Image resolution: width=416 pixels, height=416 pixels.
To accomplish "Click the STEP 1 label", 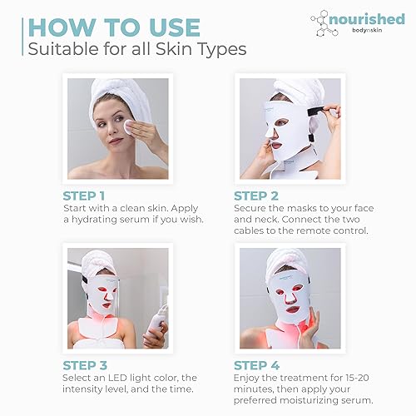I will [93, 196].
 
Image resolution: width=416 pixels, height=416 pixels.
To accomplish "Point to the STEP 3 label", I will [93, 364].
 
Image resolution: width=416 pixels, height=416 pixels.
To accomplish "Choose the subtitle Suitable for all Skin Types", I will [136, 49].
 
